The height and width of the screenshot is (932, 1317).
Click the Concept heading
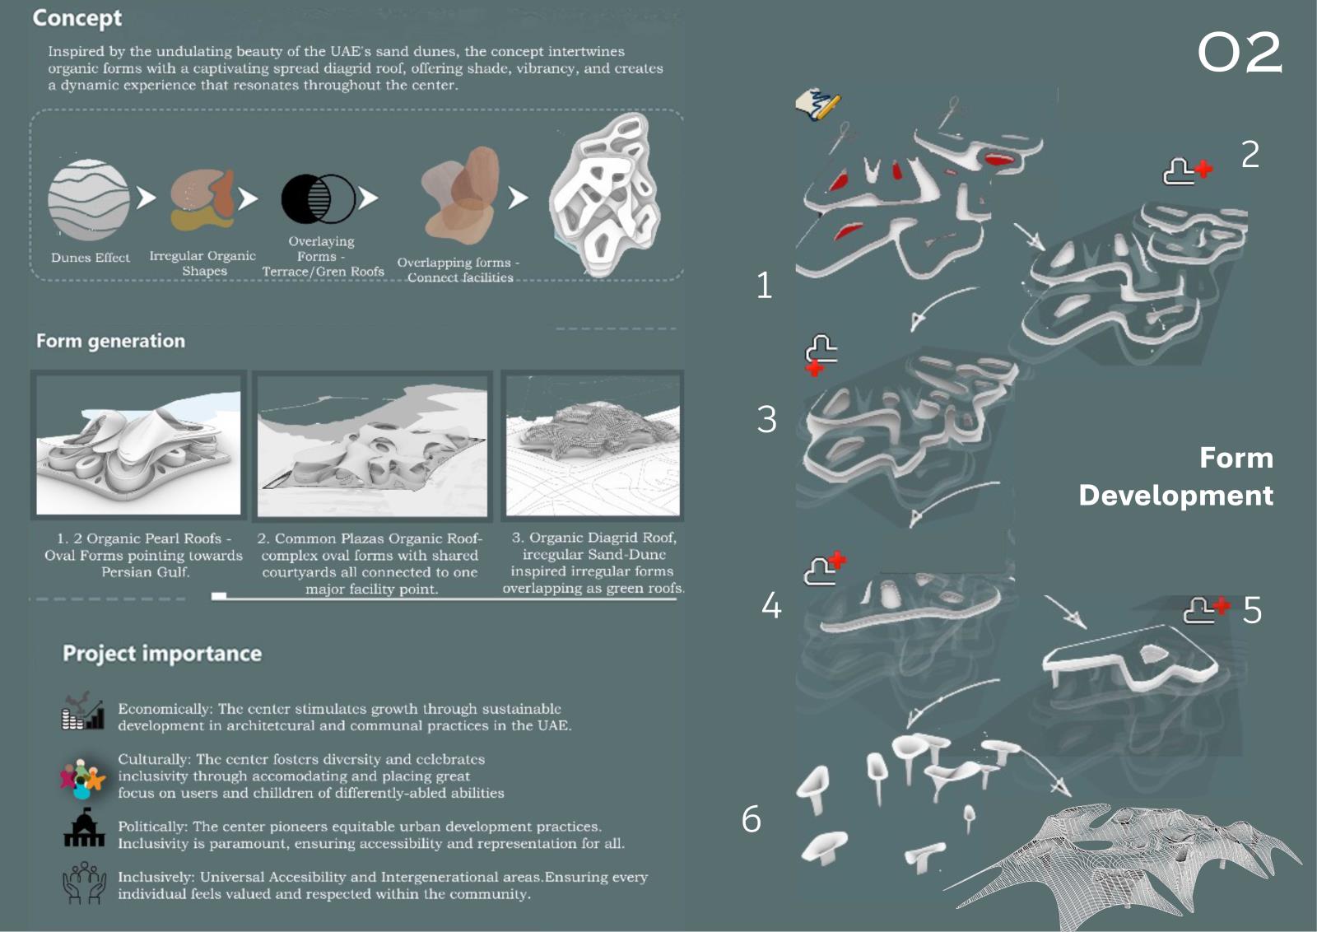click(x=77, y=18)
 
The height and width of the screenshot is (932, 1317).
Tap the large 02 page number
click(x=1240, y=53)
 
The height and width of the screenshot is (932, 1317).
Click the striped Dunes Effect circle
click(x=89, y=200)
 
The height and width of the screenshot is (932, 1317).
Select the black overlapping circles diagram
click(x=318, y=198)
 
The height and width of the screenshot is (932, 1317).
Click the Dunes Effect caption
click(x=91, y=258)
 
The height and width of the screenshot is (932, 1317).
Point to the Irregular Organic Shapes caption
click(x=202, y=263)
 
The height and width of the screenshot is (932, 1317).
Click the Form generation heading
click(x=110, y=341)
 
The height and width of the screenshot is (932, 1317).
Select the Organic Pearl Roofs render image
click(x=139, y=445)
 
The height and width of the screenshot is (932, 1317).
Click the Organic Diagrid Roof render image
click(x=593, y=445)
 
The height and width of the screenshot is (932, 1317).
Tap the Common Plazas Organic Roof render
click(x=372, y=446)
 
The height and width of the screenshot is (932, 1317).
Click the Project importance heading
click(x=162, y=653)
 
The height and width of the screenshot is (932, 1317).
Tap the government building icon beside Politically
click(x=84, y=828)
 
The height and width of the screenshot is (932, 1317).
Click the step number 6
click(x=752, y=819)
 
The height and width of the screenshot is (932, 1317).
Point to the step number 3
click(x=766, y=420)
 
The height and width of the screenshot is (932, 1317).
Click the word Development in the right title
click(x=1176, y=496)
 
